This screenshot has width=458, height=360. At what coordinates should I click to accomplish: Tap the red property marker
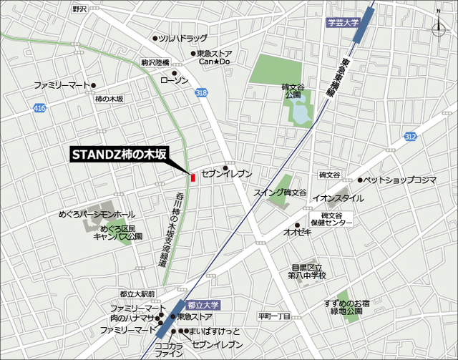pos(193,177)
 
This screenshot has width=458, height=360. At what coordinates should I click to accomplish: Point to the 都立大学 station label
pos(203,305)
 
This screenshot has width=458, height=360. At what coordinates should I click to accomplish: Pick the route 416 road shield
pos(39,108)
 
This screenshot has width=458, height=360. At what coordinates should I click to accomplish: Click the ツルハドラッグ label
pos(182,38)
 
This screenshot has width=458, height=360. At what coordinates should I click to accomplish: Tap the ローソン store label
pos(193,81)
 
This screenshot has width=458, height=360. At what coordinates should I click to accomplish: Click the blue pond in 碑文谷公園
pos(299,113)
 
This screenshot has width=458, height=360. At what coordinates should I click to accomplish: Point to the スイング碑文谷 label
pos(280,193)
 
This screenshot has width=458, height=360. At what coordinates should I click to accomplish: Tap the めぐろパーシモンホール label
pos(96,215)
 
